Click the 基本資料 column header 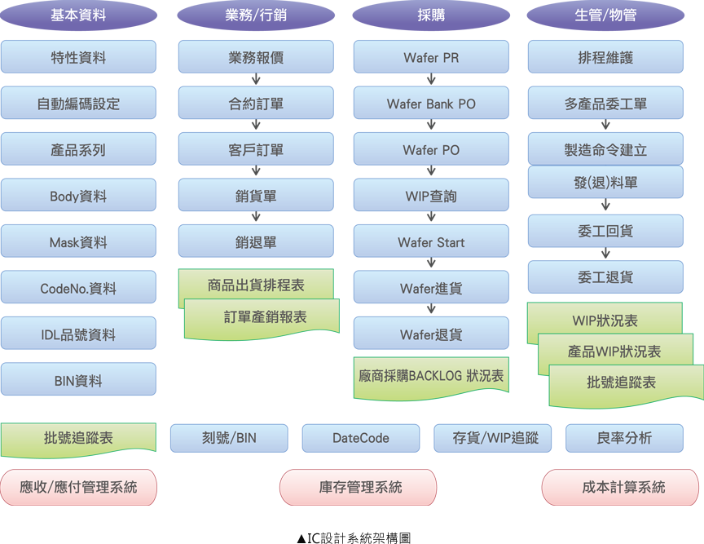[x=78, y=15]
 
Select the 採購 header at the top [x=431, y=15]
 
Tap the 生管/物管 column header [x=605, y=15]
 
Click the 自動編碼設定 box [x=78, y=104]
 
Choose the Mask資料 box [x=78, y=242]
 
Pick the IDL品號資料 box [x=78, y=334]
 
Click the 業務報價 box [x=256, y=58]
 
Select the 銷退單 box [x=256, y=242]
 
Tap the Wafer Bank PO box [x=431, y=104]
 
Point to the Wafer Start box [x=431, y=242]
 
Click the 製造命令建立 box [x=605, y=150]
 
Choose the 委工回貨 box [x=605, y=232]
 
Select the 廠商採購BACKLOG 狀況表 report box [x=431, y=377]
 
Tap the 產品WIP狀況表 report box [x=614, y=352]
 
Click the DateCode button [x=361, y=438]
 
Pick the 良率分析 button [x=624, y=438]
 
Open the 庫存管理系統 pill [x=360, y=488]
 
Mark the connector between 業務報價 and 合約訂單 [x=256, y=80]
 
